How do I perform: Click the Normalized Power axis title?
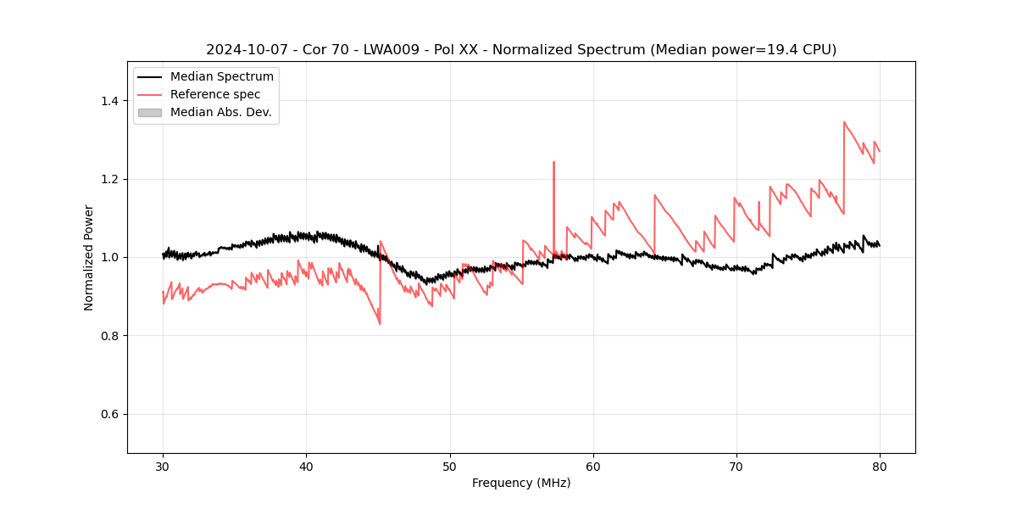click(89, 257)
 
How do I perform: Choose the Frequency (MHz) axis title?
click(521, 483)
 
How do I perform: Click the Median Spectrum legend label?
click(222, 77)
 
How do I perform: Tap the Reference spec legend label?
click(215, 94)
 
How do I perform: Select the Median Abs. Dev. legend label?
click(221, 112)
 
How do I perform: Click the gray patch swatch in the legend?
click(149, 112)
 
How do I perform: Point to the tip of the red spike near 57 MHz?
click(553, 162)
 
